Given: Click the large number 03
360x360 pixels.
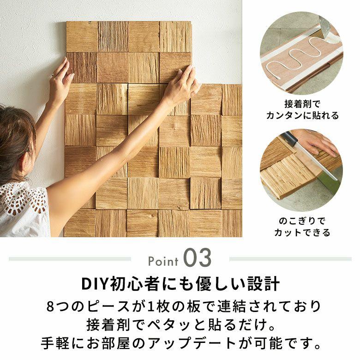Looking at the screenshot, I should click(197, 259).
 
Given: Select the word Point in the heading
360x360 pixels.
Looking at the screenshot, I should click(163, 261).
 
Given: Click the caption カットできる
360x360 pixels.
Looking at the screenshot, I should click(302, 233).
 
